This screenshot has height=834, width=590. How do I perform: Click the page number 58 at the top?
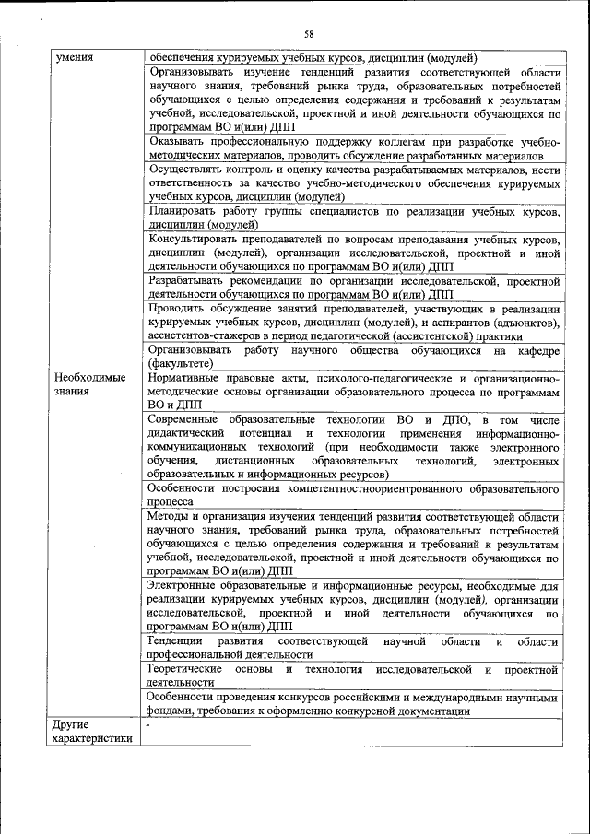(310, 34)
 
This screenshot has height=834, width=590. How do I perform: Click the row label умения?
(74, 57)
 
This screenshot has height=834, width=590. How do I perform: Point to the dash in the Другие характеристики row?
(147, 726)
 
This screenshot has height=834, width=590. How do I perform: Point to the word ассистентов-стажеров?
(205, 335)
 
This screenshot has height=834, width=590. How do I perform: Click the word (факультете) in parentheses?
(181, 364)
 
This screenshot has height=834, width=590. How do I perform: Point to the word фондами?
(169, 711)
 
